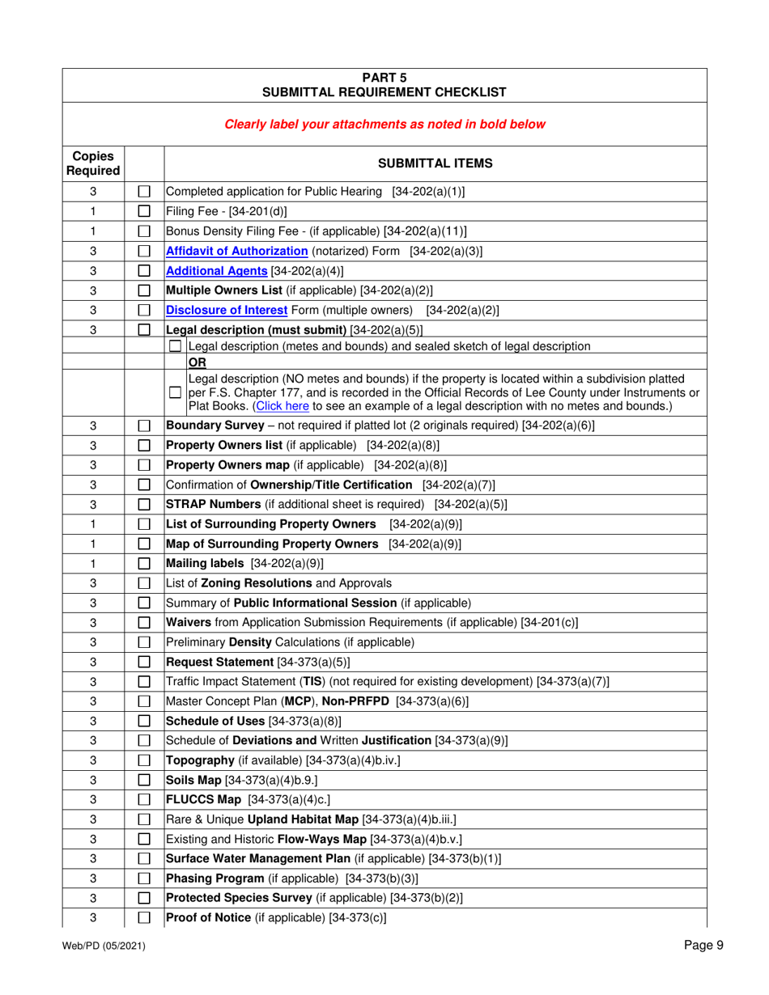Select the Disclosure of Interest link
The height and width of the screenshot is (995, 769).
click(219, 308)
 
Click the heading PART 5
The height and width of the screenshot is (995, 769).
click(384, 77)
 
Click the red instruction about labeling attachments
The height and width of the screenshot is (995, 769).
click(384, 125)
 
